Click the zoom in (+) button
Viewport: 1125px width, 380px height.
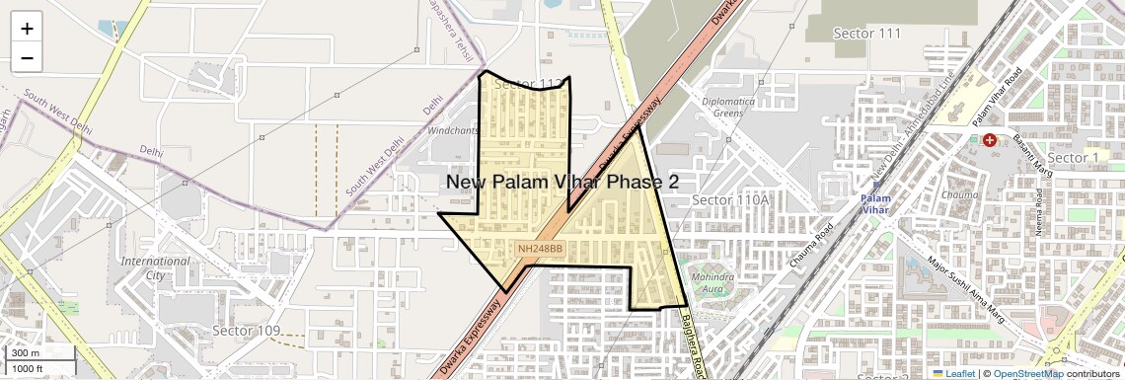tap(27, 29)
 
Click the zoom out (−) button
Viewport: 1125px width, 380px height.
tap(27, 58)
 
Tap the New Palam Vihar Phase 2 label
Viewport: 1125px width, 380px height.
tap(562, 183)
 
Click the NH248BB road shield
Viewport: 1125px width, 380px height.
tap(540, 249)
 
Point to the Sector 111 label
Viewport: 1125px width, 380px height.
tap(867, 34)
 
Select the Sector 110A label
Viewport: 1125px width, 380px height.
tap(730, 200)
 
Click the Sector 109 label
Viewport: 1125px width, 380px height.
tap(247, 330)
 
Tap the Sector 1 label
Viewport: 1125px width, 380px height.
tap(1073, 158)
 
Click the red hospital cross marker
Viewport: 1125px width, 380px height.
tap(989, 140)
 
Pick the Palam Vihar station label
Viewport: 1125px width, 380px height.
tap(875, 203)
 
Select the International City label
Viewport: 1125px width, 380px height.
tap(155, 268)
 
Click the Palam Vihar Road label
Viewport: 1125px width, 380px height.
tap(997, 98)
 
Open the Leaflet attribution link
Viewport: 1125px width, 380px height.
tap(952, 374)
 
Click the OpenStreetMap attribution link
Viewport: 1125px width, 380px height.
tap(1028, 374)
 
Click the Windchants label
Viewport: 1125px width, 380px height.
tap(453, 130)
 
